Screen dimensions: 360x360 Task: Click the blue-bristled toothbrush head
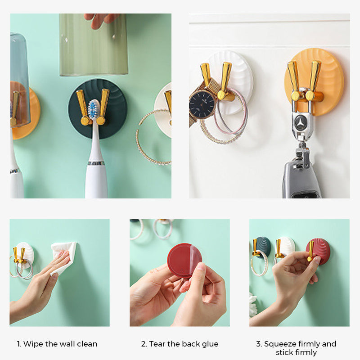[94, 109]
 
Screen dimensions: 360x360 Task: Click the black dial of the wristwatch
[201, 104]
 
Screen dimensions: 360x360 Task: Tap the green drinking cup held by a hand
[94, 45]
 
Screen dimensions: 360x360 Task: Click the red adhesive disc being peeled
[184, 261]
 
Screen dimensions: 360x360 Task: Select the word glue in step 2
[210, 344]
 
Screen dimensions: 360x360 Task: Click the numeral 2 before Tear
[144, 344]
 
